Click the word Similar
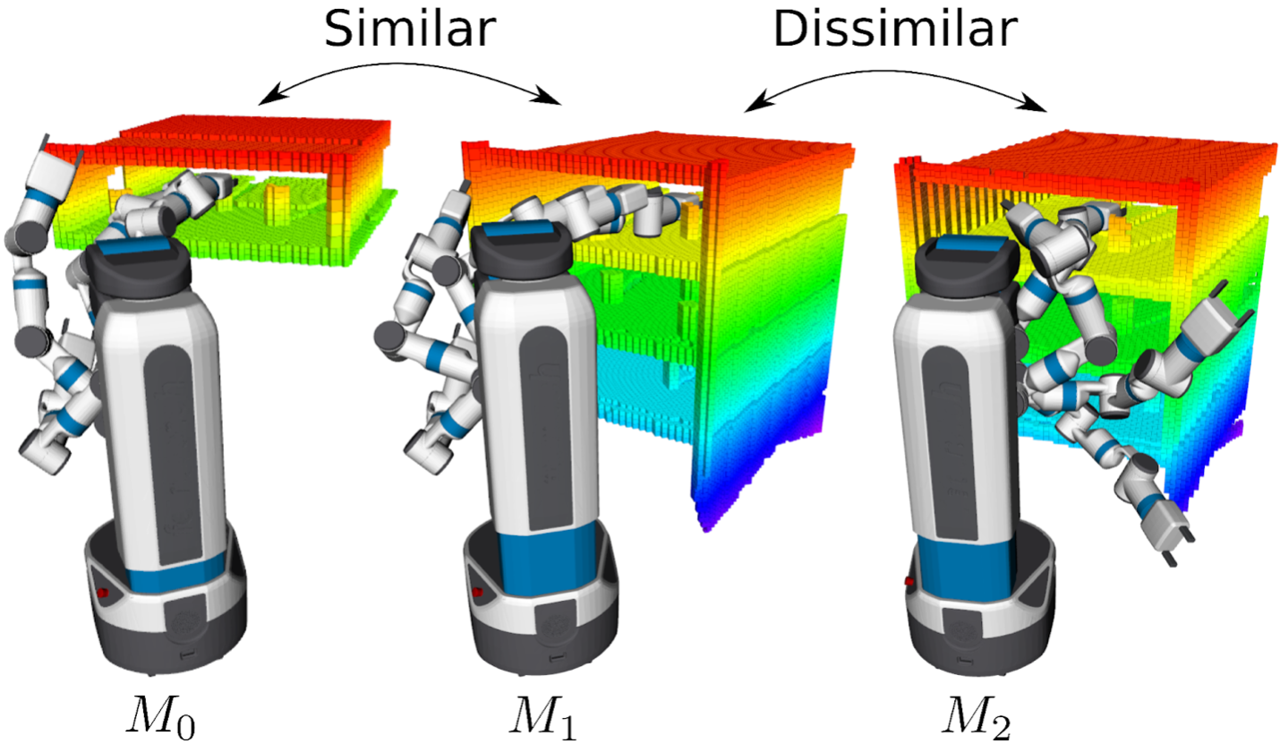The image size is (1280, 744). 410,29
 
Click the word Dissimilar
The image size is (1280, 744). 894,29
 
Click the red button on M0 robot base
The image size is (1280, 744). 102,593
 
